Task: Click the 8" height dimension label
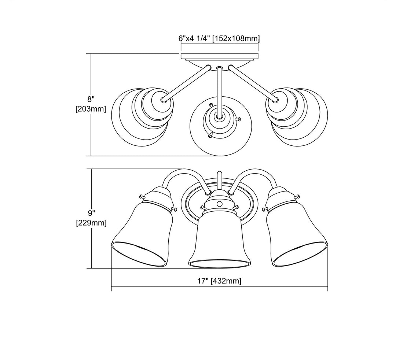coord(91,98)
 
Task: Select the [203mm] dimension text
coord(91,109)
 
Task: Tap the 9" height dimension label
coord(91,212)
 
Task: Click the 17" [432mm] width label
coord(220,281)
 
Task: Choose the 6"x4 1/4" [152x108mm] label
coord(219,38)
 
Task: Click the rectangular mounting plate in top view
coord(220,56)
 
